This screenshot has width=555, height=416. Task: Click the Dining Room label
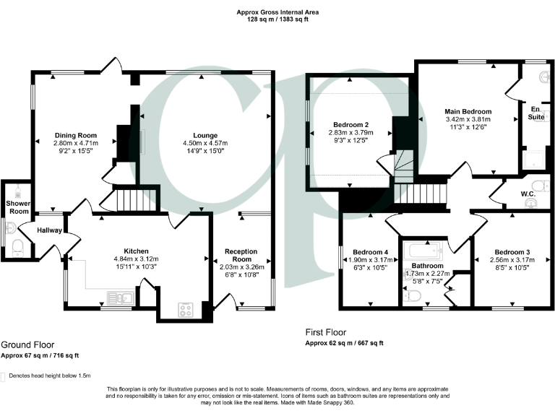76,135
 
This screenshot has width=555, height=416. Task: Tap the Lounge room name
205,135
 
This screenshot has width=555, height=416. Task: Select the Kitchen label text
135,251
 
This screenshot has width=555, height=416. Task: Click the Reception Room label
241,255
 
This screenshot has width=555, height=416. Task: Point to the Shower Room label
17,207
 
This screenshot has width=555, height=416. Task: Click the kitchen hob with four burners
185,310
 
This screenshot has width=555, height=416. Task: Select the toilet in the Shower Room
17,250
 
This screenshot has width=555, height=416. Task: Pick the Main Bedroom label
468,110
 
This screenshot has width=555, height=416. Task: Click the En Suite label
535,112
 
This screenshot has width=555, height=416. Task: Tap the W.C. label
527,193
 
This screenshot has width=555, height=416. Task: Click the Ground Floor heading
27,345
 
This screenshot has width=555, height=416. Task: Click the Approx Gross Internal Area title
277,12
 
